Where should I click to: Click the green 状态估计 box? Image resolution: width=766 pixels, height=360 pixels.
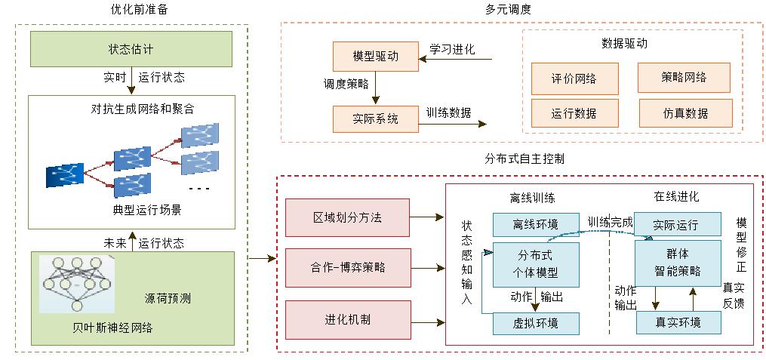(x=131, y=49)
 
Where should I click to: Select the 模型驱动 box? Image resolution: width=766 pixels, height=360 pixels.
(x=375, y=57)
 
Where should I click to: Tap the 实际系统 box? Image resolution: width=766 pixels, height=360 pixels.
(x=375, y=118)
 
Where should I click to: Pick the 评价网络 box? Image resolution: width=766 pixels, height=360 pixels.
(x=574, y=78)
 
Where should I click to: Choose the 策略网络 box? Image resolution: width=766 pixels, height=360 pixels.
(x=684, y=77)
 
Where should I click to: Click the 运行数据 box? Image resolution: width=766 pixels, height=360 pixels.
(x=574, y=113)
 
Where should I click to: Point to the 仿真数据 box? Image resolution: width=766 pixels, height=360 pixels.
(x=685, y=113)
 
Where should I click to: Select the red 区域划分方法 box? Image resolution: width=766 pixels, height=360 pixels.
(x=347, y=217)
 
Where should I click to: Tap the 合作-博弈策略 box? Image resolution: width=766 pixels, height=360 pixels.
(x=347, y=268)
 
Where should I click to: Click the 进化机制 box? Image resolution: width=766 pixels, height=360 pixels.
(x=347, y=319)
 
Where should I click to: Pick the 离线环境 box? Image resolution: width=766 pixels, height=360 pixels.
(x=535, y=224)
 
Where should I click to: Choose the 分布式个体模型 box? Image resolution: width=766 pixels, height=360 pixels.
(x=535, y=264)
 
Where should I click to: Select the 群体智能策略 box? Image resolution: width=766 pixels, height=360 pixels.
(x=678, y=263)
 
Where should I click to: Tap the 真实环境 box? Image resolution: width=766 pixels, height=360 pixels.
(x=678, y=322)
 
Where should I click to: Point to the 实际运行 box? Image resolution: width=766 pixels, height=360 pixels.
(x=676, y=225)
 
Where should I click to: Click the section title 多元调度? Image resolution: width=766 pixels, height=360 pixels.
(x=508, y=10)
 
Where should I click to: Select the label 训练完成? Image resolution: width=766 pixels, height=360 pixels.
(x=610, y=223)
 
